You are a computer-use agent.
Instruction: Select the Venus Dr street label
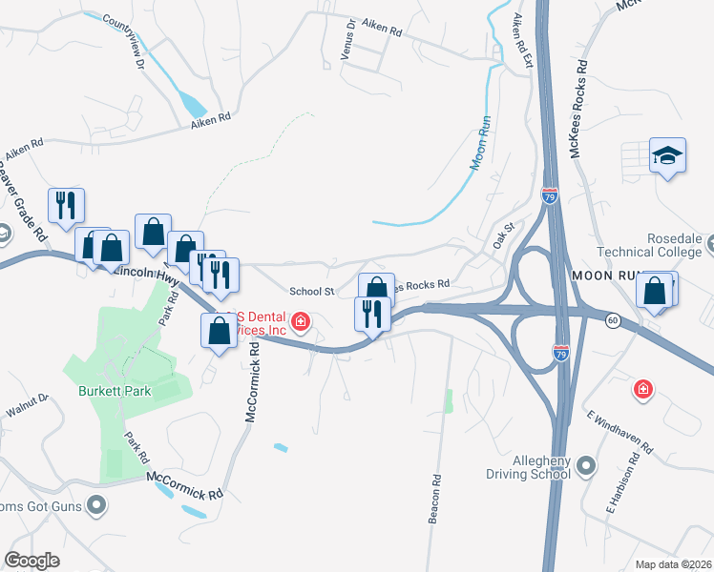point(349,42)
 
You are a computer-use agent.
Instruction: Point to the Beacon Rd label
point(435,499)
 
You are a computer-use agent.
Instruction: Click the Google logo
point(31,561)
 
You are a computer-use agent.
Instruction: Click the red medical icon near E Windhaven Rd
point(644,389)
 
